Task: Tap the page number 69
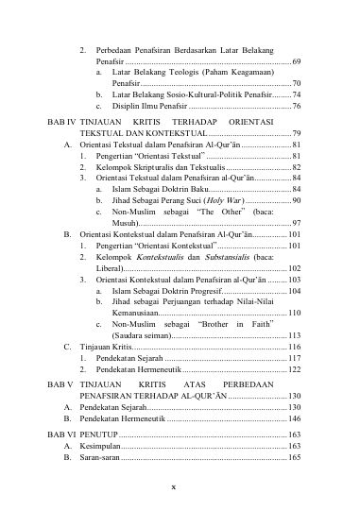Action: (297, 60)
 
